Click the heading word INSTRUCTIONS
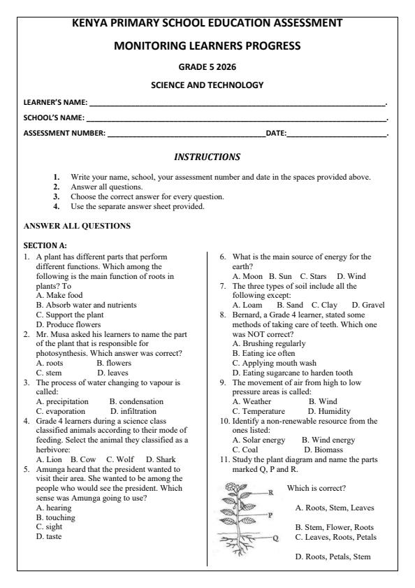pyautogui.click(x=207, y=157)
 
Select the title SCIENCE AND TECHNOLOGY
pyautogui.click(x=207, y=85)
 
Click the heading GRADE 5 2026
pyautogui.click(x=207, y=68)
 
